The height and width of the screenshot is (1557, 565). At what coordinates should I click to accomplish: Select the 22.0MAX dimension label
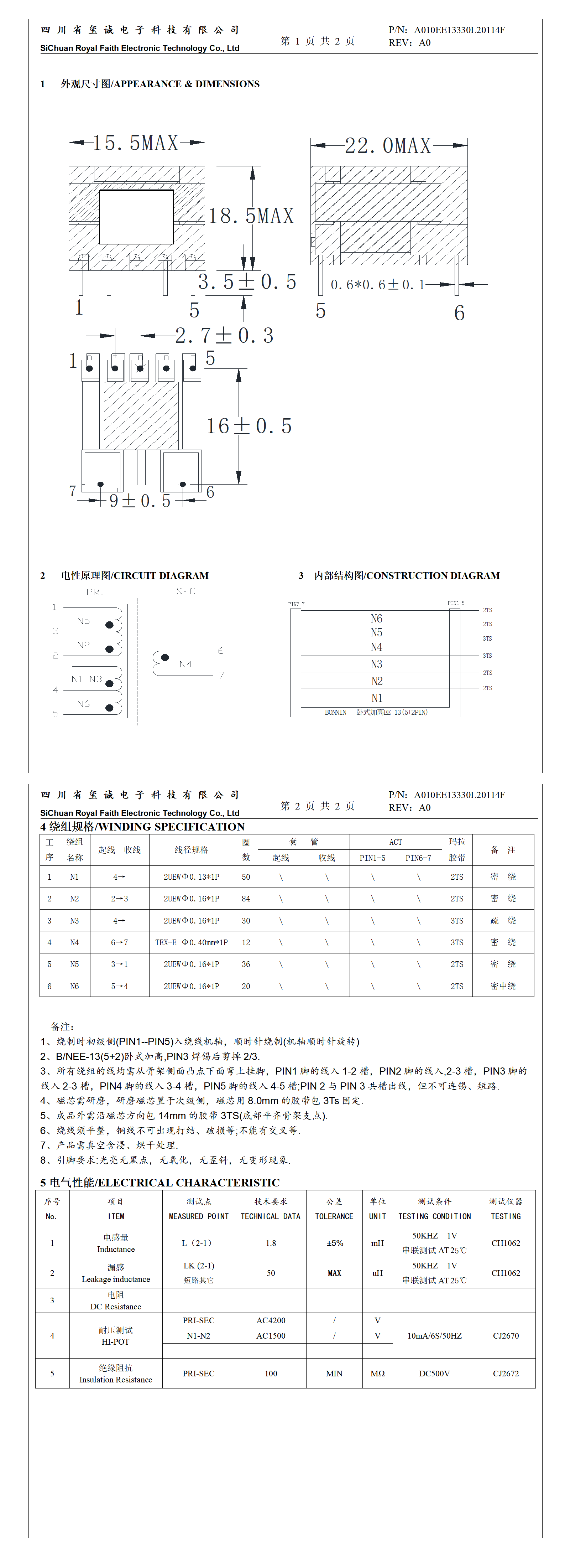tap(388, 146)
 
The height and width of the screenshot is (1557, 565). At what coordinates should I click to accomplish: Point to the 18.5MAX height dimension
tap(251, 216)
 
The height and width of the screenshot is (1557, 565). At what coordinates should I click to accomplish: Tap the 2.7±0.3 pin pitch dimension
tap(224, 336)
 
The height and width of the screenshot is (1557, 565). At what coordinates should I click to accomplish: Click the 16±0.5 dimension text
tap(249, 426)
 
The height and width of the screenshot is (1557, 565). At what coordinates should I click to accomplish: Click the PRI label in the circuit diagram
tap(95, 592)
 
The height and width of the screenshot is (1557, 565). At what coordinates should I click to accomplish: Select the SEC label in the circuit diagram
tap(185, 591)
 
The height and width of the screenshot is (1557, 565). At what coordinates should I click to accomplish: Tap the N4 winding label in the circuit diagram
tap(185, 664)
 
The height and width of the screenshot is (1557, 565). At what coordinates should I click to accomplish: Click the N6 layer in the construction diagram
tap(376, 618)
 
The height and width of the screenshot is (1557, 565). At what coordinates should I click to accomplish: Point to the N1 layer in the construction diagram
tap(376, 698)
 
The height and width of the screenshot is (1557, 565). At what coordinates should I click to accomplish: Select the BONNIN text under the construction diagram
tap(335, 713)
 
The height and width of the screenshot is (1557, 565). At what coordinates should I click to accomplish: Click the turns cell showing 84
tap(246, 899)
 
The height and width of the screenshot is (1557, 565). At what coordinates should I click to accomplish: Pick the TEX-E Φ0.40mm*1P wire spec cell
tap(191, 942)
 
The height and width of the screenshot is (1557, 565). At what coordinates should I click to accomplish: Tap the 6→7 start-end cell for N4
tap(119, 942)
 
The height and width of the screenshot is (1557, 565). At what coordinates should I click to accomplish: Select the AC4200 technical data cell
tap(271, 1321)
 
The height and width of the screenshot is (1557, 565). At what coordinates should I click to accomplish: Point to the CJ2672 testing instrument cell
tap(505, 1373)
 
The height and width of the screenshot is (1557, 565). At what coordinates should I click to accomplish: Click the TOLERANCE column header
tap(334, 1216)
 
